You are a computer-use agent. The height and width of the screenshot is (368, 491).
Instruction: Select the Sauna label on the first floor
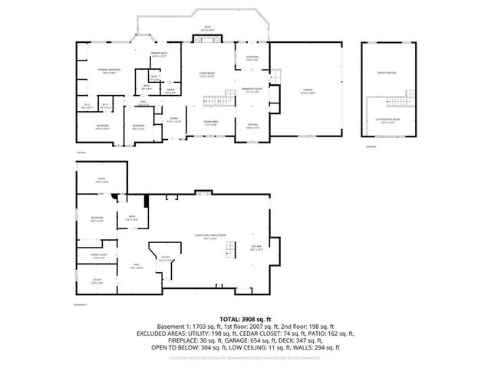point(170,91)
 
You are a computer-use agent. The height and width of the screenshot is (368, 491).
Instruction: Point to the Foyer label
point(174,120)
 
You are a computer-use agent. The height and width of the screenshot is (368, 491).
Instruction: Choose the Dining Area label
point(210,123)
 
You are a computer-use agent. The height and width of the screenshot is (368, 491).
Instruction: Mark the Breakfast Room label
point(252,90)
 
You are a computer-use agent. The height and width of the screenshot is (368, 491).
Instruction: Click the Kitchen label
point(252,127)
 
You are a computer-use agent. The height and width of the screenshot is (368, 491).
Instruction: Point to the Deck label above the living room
point(207,28)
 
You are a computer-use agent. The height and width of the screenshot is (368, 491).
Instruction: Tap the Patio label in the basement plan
point(101,181)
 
